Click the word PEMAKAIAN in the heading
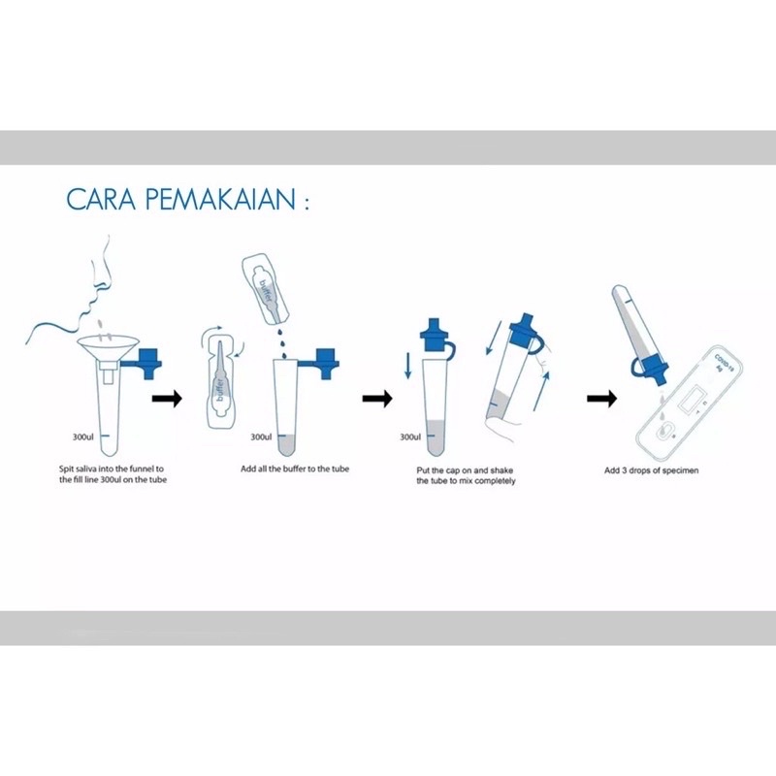coord(220,199)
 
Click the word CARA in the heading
coord(101,199)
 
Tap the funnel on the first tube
coord(109,348)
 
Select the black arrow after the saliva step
coord(167,398)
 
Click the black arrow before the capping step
coord(377,398)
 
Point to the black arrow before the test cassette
coord(601,398)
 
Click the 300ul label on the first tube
coord(82,437)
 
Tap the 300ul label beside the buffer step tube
coord(261,437)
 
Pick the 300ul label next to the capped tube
coord(410,437)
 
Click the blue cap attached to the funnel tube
coord(148,363)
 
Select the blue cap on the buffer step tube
coord(326,363)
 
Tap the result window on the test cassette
coord(693,399)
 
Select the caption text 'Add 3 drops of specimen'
coord(651,470)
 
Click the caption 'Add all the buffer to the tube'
coord(295,469)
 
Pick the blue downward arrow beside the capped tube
coord(407,366)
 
